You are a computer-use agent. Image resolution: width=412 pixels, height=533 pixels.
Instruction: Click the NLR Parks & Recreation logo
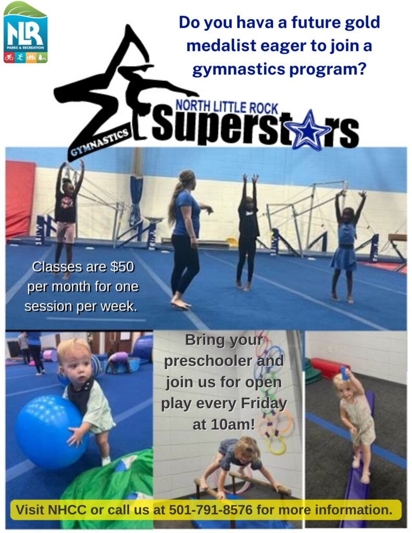click(x=25, y=32)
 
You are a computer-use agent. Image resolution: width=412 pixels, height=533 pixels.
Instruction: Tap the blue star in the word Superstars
click(x=311, y=129)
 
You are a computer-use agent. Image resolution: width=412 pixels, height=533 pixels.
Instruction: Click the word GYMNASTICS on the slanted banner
click(x=99, y=142)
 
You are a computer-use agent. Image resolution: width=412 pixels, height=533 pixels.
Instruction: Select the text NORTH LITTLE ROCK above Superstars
click(x=227, y=106)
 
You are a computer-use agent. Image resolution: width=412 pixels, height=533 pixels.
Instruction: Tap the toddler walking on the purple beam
click(x=356, y=416)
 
